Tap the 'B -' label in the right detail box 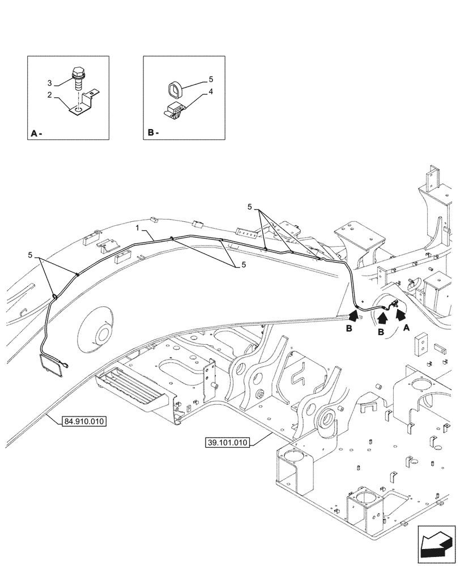[x=152, y=134]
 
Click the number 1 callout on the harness [x=137, y=228]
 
